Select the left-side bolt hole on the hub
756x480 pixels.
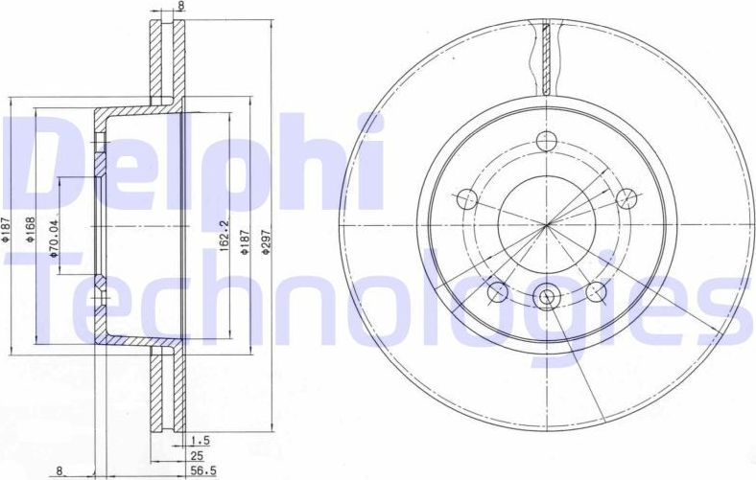467,199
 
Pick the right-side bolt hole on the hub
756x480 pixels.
626,198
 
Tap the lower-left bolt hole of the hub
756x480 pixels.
497,290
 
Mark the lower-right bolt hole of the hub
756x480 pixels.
597,290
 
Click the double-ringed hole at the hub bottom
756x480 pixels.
547,297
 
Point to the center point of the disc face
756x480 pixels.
547,227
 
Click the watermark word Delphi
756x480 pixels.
192,163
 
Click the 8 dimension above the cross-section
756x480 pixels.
169,6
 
